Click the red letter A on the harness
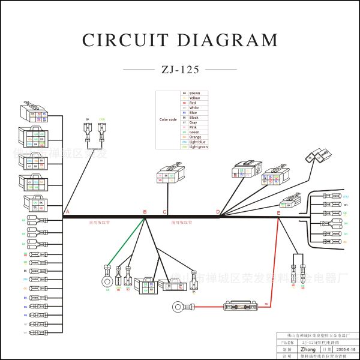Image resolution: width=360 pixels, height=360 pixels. tap(67, 212)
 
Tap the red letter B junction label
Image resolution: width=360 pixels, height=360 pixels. tap(145, 212)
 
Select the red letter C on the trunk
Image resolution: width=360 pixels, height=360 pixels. tap(165, 212)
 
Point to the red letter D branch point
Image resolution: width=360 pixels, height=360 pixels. tap(218, 212)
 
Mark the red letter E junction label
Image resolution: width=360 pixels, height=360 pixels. tap(278, 213)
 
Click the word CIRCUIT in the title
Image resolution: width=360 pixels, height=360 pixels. tap(124, 40)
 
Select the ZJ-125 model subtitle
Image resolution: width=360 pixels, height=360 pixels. tap(180, 69)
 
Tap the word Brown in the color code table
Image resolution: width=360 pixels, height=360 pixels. tap(195, 93)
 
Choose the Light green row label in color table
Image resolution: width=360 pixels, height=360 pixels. tap(199, 146)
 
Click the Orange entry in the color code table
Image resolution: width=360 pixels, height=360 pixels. tap(196, 137)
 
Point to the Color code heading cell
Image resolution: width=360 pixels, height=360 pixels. tap(168, 119)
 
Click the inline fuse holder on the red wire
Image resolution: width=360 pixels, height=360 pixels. tap(241, 306)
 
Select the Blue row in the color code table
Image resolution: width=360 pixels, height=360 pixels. tap(193, 113)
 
